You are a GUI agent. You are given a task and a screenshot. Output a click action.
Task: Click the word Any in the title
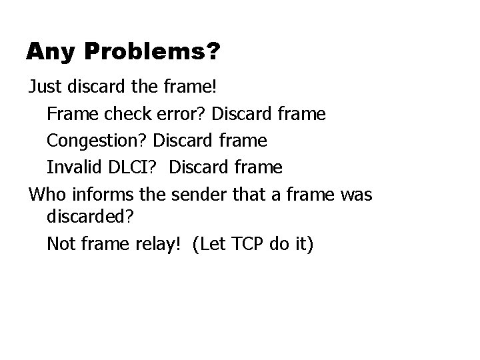pos(49,52)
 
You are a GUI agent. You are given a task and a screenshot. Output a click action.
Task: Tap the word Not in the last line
pos(61,244)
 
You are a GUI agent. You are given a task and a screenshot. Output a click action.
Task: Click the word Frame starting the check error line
pos(70,114)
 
